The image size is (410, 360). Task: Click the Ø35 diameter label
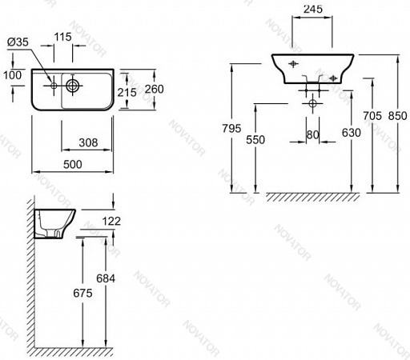tap(18, 42)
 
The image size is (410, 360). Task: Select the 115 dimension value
tap(63, 37)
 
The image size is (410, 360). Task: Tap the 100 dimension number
tap(12, 75)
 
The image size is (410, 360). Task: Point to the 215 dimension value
tap(127, 93)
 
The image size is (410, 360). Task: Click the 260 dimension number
tap(155, 89)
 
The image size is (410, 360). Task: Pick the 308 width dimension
tap(88, 142)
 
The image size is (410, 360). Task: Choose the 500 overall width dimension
tap(73, 165)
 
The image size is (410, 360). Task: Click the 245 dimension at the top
tap(313, 10)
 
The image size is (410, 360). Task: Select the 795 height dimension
tap(231, 129)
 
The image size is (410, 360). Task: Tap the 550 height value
tap(255, 140)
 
